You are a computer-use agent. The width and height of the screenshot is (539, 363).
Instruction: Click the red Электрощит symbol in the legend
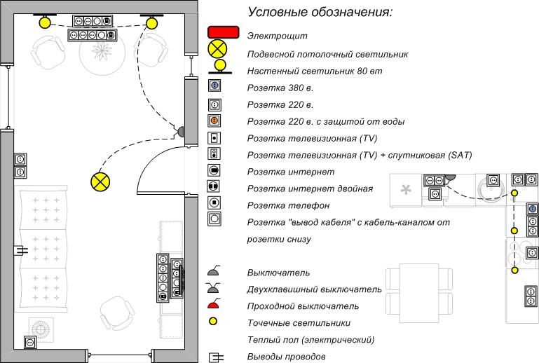click(223, 32)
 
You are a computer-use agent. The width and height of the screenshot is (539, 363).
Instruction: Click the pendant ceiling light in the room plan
click(100, 181)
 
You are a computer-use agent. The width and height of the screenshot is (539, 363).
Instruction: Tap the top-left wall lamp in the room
click(45, 21)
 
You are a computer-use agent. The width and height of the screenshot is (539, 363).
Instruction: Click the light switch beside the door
click(179, 131)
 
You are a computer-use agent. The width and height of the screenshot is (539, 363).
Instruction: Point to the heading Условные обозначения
click(320, 12)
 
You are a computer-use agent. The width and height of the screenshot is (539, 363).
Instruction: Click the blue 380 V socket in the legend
click(214, 85)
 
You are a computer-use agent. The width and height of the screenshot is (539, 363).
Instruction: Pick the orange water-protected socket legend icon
click(214, 121)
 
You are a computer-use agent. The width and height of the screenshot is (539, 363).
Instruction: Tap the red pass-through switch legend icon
click(214, 303)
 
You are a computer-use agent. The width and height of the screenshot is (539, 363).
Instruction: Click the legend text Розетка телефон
click(288, 205)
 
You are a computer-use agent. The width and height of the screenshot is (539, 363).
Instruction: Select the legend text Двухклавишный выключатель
click(314, 289)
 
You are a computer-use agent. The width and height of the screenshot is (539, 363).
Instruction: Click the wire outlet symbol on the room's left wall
click(20, 250)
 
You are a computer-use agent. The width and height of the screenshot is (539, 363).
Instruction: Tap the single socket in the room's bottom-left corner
click(30, 343)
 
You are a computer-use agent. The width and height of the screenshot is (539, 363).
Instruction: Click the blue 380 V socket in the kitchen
click(533, 209)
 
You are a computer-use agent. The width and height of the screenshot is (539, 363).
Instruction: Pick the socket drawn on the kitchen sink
click(493, 180)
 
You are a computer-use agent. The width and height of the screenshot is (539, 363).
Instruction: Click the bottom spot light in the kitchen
click(514, 270)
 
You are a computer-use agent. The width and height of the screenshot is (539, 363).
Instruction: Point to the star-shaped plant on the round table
click(102, 51)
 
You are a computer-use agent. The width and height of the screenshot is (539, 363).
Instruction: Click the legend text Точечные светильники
click(299, 323)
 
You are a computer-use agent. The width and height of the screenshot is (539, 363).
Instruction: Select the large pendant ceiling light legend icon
click(217, 49)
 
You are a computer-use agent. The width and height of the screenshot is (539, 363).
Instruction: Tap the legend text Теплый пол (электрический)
click(311, 340)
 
